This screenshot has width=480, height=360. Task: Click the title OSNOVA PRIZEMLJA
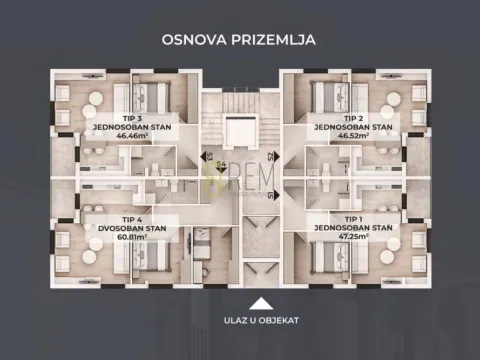240,40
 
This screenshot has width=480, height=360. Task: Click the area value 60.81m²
132,237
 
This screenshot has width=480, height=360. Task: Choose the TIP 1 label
353,218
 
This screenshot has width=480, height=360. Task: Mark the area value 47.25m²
353,237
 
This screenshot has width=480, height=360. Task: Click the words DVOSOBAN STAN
132,228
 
